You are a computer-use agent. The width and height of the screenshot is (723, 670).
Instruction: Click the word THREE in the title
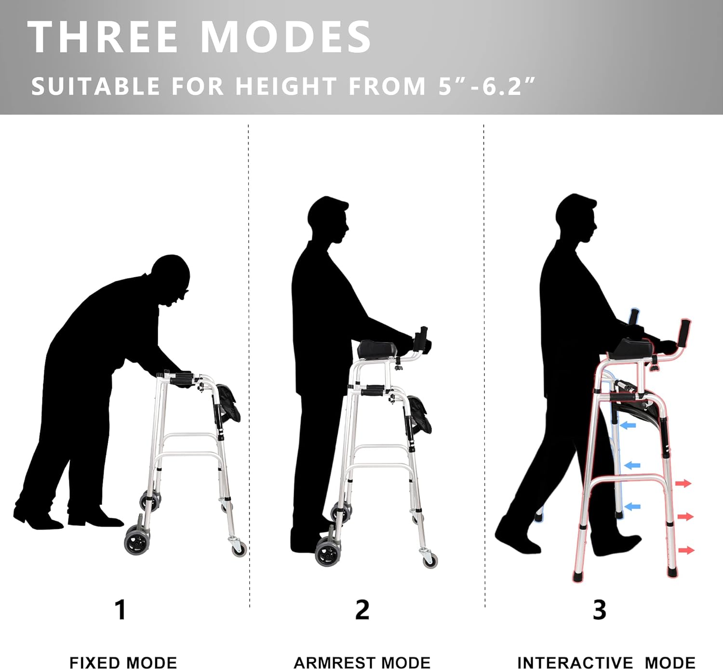click(x=103, y=37)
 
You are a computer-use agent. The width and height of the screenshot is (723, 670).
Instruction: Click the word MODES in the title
click(x=285, y=37)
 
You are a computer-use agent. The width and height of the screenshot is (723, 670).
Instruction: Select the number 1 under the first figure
click(x=120, y=610)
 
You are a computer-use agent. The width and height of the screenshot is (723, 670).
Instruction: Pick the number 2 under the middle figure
click(x=362, y=610)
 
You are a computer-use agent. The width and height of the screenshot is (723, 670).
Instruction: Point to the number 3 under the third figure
click(x=599, y=610)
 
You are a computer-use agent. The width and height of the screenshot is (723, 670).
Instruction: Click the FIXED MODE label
click(x=123, y=662)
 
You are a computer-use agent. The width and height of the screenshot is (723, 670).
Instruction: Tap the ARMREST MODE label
click(x=362, y=662)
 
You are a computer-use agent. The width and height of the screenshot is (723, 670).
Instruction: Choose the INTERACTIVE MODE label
click(x=606, y=662)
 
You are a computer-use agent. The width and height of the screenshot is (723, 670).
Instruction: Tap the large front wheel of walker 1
click(x=136, y=541)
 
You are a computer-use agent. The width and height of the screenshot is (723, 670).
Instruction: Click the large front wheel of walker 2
click(x=328, y=553)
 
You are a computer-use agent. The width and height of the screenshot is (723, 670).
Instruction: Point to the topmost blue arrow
click(x=628, y=425)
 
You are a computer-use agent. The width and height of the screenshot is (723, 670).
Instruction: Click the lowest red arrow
click(x=686, y=550)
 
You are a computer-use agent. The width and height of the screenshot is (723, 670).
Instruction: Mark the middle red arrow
click(x=685, y=517)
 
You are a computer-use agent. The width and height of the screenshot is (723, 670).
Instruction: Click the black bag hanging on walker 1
click(x=228, y=402)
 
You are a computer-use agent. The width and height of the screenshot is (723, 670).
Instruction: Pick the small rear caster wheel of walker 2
click(x=430, y=560)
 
